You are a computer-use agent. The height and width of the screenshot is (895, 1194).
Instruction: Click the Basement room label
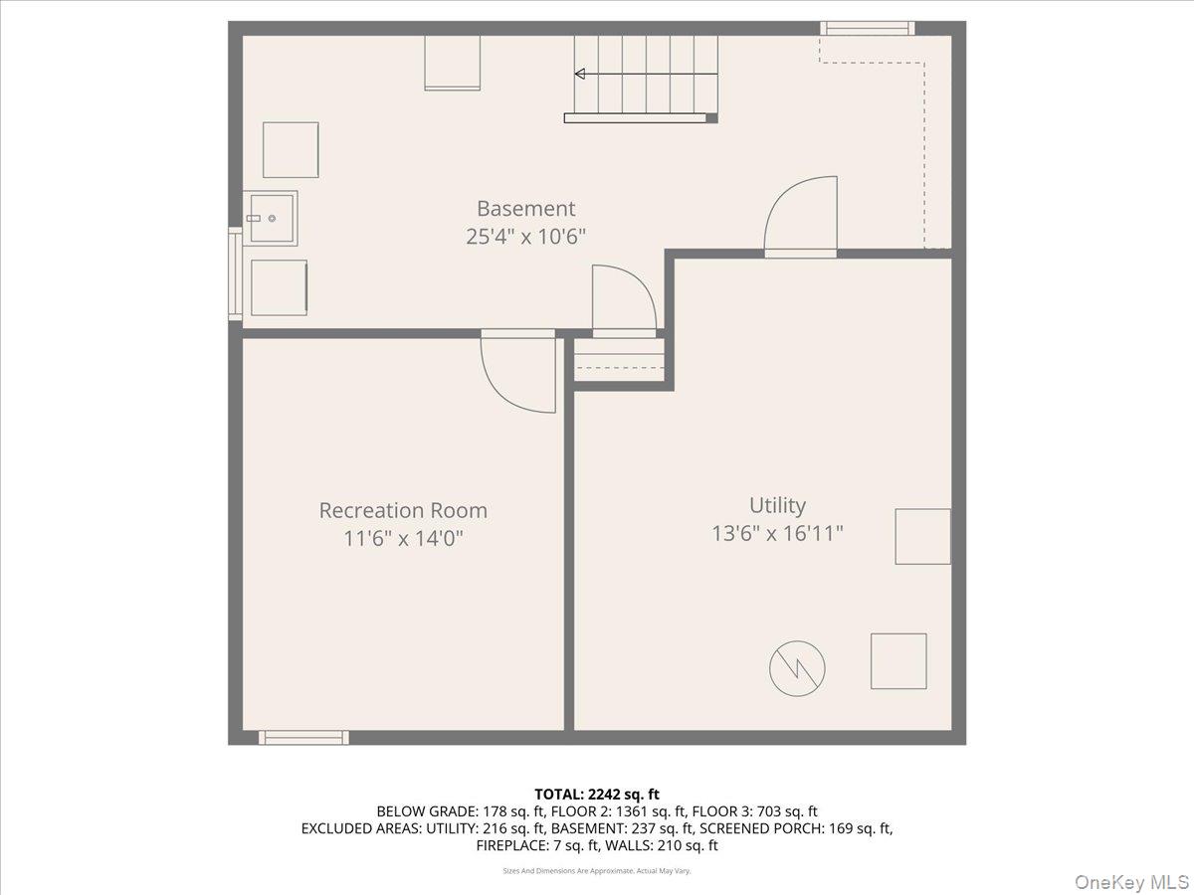[x=525, y=209]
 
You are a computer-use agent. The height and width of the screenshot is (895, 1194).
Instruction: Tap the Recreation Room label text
[x=403, y=510]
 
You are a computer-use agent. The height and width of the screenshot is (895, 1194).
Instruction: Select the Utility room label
[x=777, y=505]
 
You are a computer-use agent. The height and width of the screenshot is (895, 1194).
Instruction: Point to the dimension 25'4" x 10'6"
[x=525, y=238]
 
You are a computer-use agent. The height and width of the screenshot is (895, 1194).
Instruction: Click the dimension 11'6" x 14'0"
[x=403, y=539]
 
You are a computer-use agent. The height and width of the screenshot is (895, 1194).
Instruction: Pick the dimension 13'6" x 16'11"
[x=777, y=533]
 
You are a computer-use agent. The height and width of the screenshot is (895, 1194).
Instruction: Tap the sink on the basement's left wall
[x=270, y=218]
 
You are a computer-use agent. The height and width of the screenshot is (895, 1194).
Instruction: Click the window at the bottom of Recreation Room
[x=303, y=737]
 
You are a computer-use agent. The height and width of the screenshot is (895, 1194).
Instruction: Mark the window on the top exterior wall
[x=868, y=28]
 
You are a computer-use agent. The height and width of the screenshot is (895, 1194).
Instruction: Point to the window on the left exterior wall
[x=235, y=273]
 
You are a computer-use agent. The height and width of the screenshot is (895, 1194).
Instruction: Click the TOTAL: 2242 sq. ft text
[x=597, y=794]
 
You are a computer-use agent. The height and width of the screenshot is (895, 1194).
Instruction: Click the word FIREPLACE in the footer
[x=514, y=845]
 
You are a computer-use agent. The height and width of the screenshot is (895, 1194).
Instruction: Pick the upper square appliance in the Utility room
[x=922, y=536]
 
